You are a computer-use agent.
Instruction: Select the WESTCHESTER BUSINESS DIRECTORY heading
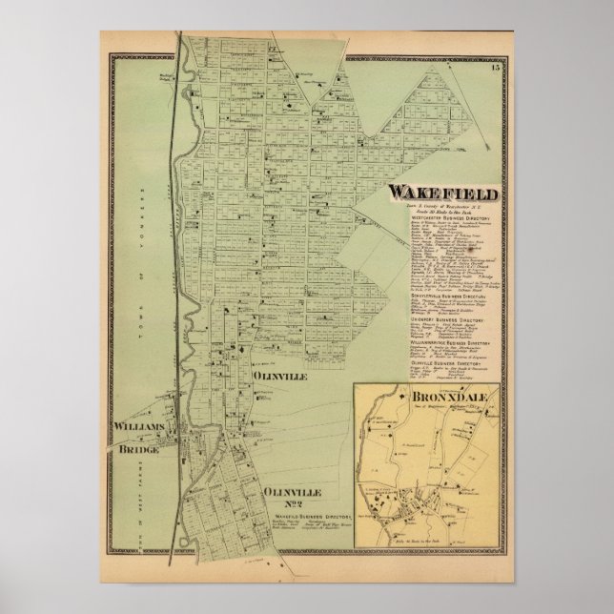pyautogui.click(x=451, y=217)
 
